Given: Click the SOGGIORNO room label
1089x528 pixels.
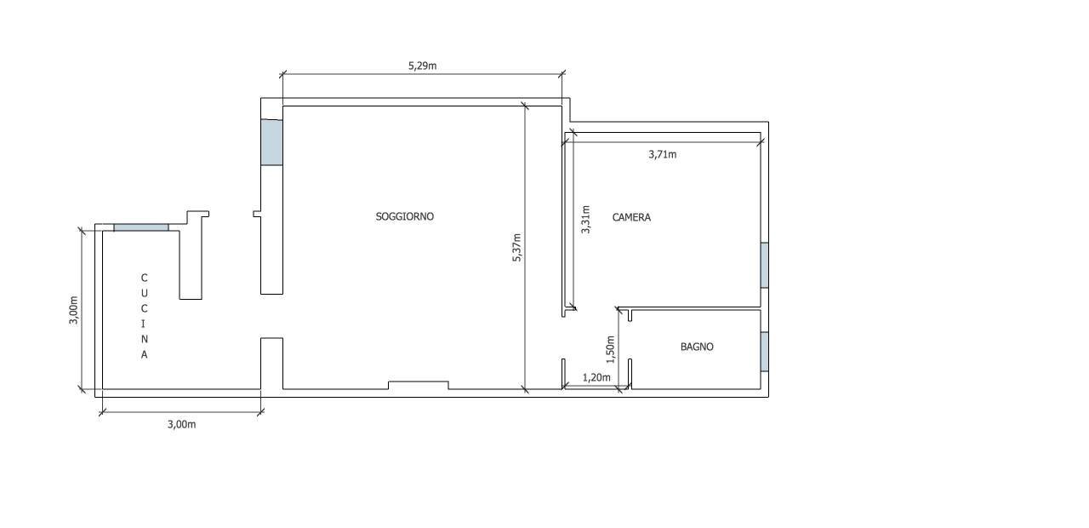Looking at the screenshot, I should pyautogui.click(x=404, y=216).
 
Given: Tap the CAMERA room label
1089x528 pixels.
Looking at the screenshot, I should pyautogui.click(x=631, y=217).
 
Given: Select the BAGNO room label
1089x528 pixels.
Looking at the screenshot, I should pyautogui.click(x=697, y=347).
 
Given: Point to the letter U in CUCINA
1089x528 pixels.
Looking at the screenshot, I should pyautogui.click(x=144, y=293).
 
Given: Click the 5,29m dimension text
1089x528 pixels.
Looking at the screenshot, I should pyautogui.click(x=422, y=65).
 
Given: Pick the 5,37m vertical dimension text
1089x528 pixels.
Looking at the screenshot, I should pyautogui.click(x=516, y=248).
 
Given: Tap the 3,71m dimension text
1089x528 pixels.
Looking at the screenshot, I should pyautogui.click(x=662, y=154).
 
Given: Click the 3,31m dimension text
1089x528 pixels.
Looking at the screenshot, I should pyautogui.click(x=585, y=219).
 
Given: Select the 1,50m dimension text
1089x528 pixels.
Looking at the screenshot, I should pyautogui.click(x=610, y=345).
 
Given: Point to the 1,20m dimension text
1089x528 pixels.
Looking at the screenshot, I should pyautogui.click(x=596, y=377).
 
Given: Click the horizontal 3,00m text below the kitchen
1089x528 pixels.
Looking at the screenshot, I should pyautogui.click(x=181, y=424).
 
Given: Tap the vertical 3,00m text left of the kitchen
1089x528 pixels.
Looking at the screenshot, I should pyautogui.click(x=73, y=310).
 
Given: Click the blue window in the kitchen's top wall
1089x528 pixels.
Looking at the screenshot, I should pyautogui.click(x=141, y=227).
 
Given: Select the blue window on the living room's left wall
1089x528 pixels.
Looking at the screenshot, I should pyautogui.click(x=271, y=142).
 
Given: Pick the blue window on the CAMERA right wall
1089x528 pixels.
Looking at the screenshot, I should pyautogui.click(x=764, y=265).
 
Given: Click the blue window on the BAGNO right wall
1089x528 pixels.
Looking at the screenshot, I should pyautogui.click(x=764, y=352).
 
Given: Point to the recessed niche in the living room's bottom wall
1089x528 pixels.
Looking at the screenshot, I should pyautogui.click(x=418, y=385).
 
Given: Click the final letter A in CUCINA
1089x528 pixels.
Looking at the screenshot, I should pyautogui.click(x=144, y=355).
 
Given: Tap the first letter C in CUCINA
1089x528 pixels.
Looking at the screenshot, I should pyautogui.click(x=144, y=278).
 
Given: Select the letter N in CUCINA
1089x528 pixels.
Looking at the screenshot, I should pyautogui.click(x=144, y=339).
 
